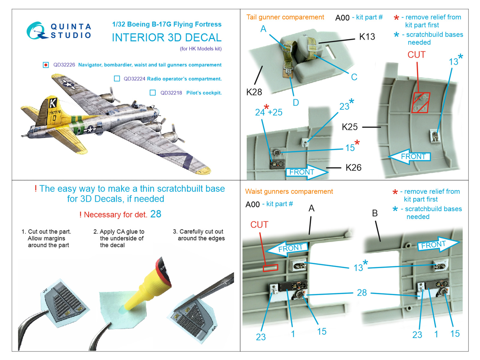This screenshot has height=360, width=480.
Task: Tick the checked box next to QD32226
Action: tap(46, 65)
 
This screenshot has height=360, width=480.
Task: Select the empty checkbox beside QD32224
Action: tap(117, 79)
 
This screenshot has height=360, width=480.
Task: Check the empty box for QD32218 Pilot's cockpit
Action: tap(153, 93)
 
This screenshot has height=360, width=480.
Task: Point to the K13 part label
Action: tap(367, 37)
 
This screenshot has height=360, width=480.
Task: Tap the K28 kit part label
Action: tap(254, 92)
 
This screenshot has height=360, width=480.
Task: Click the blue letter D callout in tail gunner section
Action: tap(296, 103)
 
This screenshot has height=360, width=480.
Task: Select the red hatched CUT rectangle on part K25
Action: tap(421, 103)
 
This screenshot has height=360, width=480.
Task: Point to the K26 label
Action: tap(353, 168)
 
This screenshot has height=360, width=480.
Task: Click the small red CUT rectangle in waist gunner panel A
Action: tap(271, 268)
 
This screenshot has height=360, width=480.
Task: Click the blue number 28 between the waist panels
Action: tap(362, 292)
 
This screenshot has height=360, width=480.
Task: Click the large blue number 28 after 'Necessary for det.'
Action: tap(156, 214)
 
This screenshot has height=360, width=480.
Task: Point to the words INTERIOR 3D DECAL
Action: tap(166, 37)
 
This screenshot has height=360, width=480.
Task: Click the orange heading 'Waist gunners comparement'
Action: tap(289, 191)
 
